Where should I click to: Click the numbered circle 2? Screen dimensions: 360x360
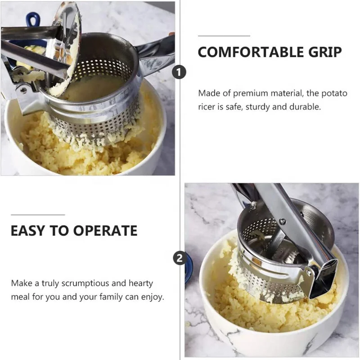[x=180, y=258]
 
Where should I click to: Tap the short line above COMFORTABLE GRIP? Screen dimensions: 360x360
[x=224, y=36]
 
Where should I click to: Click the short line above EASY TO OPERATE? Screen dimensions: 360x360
[x=38, y=215]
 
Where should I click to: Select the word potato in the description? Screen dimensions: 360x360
[x=334, y=94]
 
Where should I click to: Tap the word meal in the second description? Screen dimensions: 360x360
[x=21, y=297]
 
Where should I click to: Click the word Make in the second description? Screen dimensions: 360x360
[x=21, y=283]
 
